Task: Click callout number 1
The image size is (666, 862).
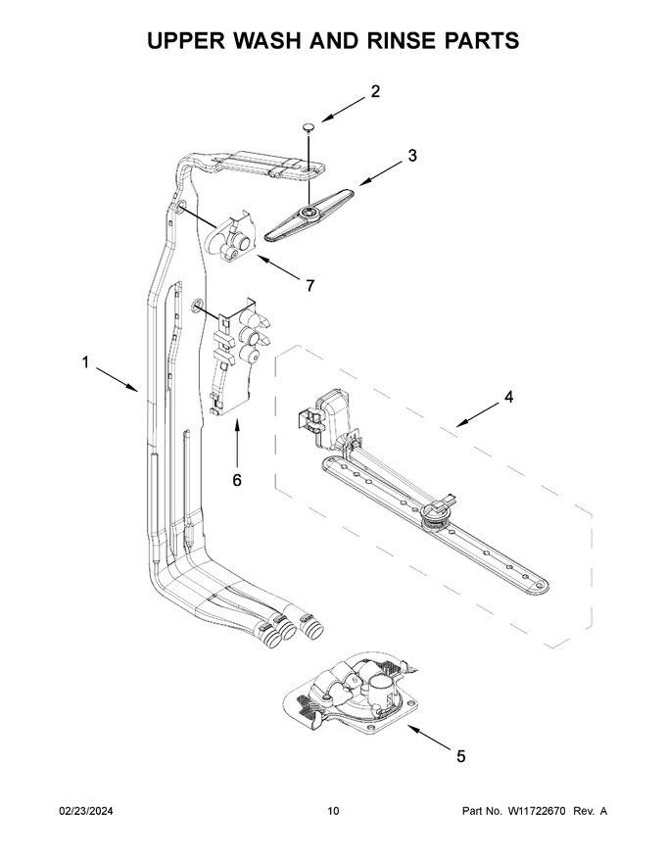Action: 85,362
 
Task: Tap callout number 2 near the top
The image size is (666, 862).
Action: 375,91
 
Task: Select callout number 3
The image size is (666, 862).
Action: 412,156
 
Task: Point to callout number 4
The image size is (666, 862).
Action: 509,397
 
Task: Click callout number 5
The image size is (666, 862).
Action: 461,756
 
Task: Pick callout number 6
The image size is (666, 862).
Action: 237,480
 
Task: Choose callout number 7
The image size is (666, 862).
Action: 309,285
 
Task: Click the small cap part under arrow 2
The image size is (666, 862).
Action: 309,128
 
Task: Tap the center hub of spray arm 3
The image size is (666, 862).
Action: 308,212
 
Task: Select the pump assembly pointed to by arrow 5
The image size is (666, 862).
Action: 352,693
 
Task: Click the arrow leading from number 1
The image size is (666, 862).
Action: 118,379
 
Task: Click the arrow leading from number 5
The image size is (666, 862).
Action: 429,737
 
